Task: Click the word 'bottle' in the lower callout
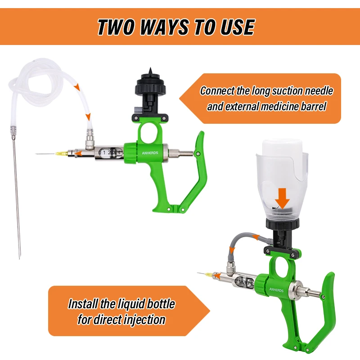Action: point(161,304)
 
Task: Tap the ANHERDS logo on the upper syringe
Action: point(150,153)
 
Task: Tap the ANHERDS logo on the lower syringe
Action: point(276,290)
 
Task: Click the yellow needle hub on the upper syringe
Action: point(61,153)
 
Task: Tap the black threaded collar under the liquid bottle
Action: point(283,224)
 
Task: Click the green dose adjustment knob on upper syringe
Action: point(131,153)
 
